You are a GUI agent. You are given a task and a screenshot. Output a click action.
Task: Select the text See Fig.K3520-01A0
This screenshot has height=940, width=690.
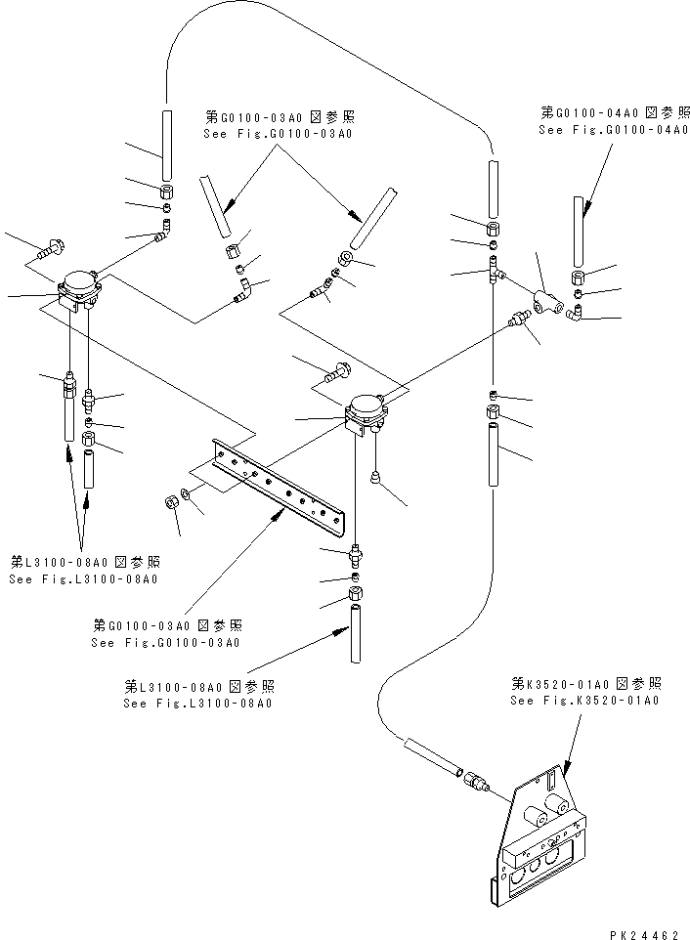coord(584,701)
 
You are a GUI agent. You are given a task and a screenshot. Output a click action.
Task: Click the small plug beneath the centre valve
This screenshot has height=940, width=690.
coord(376,477)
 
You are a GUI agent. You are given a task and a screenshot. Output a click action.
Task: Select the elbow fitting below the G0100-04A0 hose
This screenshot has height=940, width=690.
coord(576,313)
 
